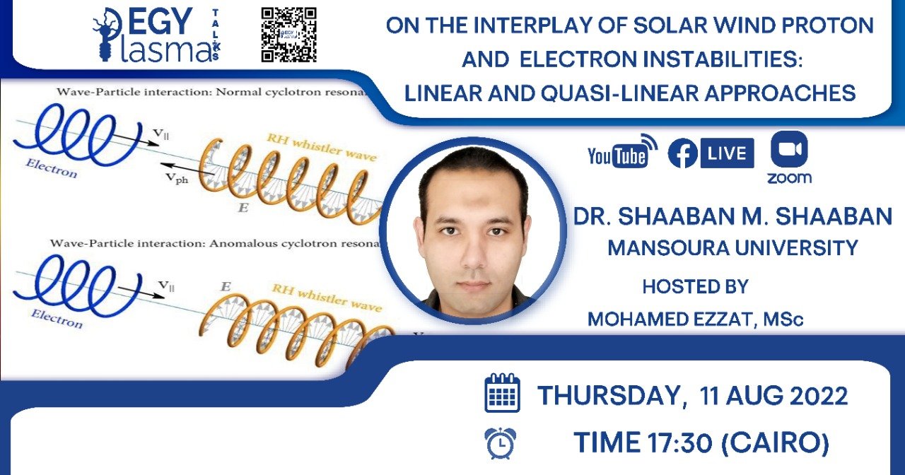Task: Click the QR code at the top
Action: click(x=288, y=35)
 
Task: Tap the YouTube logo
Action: click(x=622, y=152)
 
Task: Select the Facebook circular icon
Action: click(x=683, y=153)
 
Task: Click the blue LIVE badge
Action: click(x=728, y=153)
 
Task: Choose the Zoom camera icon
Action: click(x=789, y=149)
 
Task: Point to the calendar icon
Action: click(x=502, y=393)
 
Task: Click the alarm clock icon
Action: click(x=501, y=443)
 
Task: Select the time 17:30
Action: click(x=680, y=442)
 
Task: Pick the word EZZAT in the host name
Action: click(x=725, y=319)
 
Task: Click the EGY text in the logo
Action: click(x=160, y=21)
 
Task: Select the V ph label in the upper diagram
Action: click(x=177, y=178)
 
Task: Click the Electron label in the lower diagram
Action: click(x=57, y=319)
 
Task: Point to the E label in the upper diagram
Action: click(x=243, y=208)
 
